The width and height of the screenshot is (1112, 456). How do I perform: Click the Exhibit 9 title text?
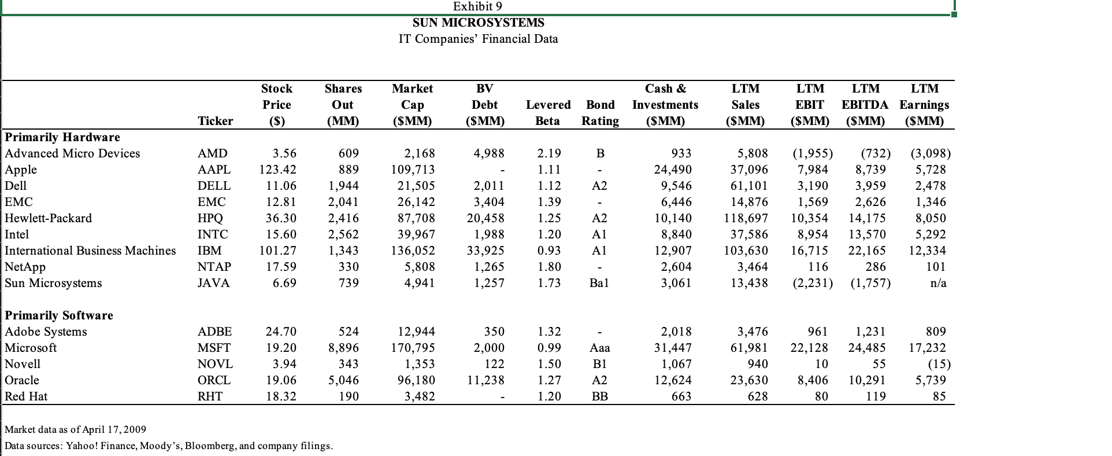coord(477,6)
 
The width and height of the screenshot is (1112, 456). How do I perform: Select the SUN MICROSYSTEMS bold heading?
coord(478,23)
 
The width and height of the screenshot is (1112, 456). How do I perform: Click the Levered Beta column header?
coord(548,113)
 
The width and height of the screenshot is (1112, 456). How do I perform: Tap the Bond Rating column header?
coord(601,113)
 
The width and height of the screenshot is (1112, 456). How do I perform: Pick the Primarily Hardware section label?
coord(62,137)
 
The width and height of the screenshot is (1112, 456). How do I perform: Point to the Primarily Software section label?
coord(59,315)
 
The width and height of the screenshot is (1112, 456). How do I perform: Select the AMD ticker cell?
coord(213,153)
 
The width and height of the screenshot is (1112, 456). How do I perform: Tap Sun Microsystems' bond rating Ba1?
coord(601,283)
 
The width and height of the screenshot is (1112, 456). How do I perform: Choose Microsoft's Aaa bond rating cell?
coord(600,348)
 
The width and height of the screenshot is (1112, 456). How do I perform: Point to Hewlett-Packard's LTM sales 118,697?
coord(746,218)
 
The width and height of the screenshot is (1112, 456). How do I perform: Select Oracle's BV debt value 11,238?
coord(485,380)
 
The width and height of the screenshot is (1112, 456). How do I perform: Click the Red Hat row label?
coord(26,396)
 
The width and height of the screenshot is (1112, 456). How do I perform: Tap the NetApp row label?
coord(25,267)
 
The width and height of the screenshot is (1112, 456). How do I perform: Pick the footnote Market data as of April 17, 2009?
coord(75,429)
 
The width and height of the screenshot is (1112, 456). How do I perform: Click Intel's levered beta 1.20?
coord(549,234)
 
